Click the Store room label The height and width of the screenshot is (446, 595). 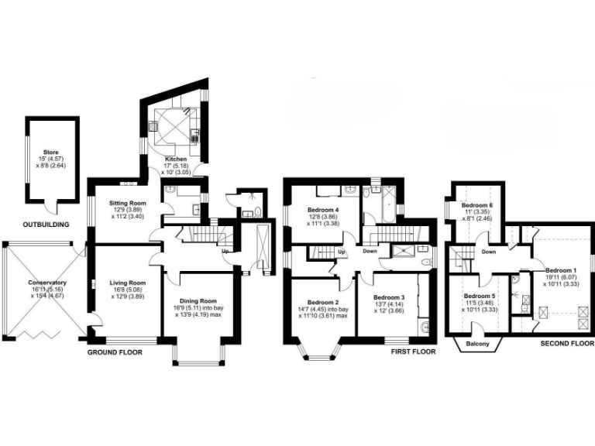51,153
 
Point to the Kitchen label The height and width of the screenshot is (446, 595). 175,160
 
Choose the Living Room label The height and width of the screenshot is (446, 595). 126,283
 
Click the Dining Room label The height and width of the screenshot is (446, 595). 198,302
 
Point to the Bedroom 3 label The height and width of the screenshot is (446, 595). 390,297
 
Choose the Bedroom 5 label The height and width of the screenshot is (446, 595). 480,297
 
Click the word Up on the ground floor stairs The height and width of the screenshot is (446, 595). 225,251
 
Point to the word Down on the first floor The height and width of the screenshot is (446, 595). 370,251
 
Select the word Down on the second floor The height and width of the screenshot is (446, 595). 489,252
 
